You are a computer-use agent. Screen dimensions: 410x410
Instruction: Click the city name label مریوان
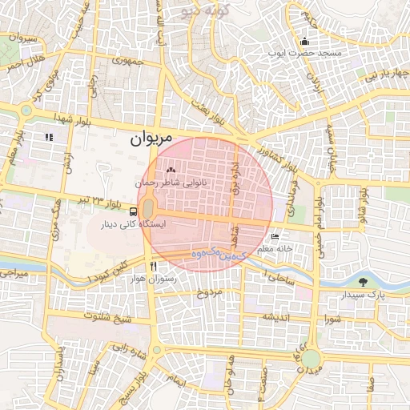151,139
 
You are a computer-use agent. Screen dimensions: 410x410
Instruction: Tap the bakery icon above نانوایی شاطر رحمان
170,170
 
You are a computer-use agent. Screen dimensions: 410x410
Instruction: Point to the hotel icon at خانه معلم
275,237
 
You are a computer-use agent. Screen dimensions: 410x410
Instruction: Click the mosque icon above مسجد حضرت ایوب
304,41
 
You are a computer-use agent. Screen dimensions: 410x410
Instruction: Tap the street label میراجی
14,275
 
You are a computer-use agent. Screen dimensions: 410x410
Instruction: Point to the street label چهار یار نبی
388,78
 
